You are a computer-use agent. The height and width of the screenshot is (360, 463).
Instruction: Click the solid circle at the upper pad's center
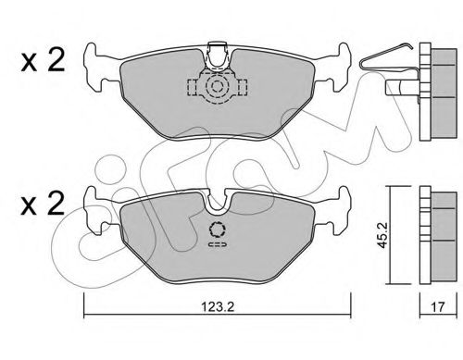[218, 88]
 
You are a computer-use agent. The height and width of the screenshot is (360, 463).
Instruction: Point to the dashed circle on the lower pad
[219, 232]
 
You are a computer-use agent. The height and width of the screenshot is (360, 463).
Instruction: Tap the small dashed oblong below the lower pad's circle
[219, 247]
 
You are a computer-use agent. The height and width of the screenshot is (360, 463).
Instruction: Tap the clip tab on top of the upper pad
[219, 51]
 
